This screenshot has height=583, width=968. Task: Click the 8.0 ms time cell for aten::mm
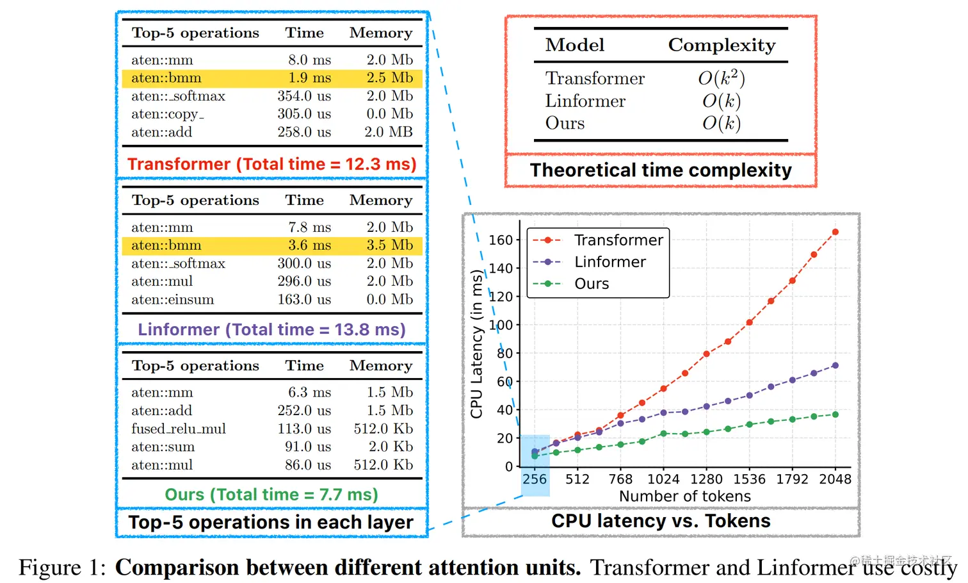pos(309,60)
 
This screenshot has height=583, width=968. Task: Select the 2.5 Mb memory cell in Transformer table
pos(389,78)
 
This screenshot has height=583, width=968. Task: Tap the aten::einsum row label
pos(172,299)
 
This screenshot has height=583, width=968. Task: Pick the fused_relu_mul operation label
pos(179,429)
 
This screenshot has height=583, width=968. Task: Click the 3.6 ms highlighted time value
pos(309,245)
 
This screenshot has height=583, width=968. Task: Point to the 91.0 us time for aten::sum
pos(308,447)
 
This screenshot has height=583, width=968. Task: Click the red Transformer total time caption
pos(271,164)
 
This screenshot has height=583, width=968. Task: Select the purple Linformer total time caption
pos(271,329)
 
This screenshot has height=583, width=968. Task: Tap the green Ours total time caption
pos(271,495)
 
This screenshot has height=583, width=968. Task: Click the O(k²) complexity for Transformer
pos(721,78)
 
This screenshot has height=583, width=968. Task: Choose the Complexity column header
pos(722,45)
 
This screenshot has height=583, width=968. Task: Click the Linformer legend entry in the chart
pos(609,261)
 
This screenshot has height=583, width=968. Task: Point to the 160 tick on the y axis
pos(501,240)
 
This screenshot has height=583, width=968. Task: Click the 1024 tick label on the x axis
pos(663,479)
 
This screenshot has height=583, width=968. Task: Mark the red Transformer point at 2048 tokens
pos(835,232)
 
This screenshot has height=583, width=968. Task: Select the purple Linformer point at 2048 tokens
pos(835,366)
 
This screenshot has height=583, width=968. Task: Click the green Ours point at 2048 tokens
pos(835,415)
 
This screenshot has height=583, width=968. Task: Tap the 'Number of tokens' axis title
pos(684,497)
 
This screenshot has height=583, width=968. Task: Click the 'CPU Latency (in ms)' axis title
pos(476,344)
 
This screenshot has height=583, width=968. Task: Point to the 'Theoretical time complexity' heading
pos(661,170)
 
